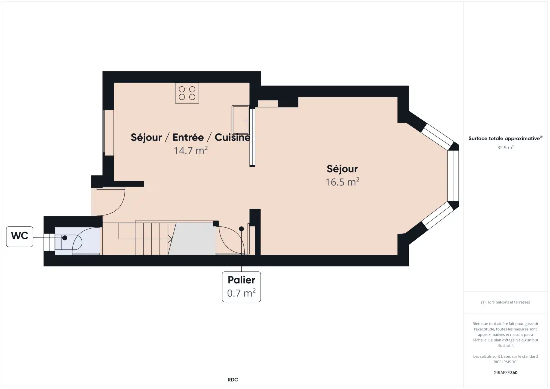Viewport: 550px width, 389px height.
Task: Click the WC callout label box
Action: [19, 237]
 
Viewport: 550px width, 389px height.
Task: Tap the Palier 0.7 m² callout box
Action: [241, 287]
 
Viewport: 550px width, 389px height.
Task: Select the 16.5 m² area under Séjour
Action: [342, 182]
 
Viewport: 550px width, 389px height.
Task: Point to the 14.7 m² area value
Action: [191, 150]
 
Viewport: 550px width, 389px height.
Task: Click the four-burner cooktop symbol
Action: [187, 93]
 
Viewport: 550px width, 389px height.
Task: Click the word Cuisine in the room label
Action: [232, 137]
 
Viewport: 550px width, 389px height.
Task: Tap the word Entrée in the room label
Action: [188, 137]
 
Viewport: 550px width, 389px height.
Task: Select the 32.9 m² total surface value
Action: [505, 147]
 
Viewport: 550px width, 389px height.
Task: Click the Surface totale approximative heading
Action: [505, 138]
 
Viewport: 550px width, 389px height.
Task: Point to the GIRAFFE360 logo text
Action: [505, 373]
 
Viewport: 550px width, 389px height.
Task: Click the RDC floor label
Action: [233, 380]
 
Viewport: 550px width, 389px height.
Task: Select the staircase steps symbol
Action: [153, 238]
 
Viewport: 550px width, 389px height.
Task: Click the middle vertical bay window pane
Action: [453, 176]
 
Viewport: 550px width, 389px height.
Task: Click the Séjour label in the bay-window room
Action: [342, 169]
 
